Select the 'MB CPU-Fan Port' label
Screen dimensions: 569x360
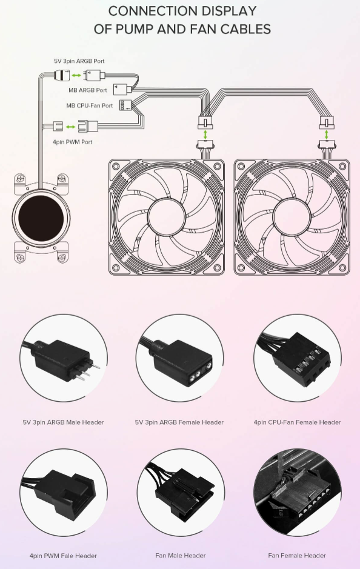[x=90, y=105]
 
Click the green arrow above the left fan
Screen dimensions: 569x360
[x=206, y=134]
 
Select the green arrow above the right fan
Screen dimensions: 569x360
[x=326, y=134]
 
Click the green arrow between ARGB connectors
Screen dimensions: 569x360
[x=76, y=76]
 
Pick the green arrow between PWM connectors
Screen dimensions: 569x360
[x=71, y=127]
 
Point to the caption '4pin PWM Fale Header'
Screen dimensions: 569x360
[x=63, y=556]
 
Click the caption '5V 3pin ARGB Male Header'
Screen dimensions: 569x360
[x=63, y=422]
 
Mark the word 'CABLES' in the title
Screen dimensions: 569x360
[x=246, y=29]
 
